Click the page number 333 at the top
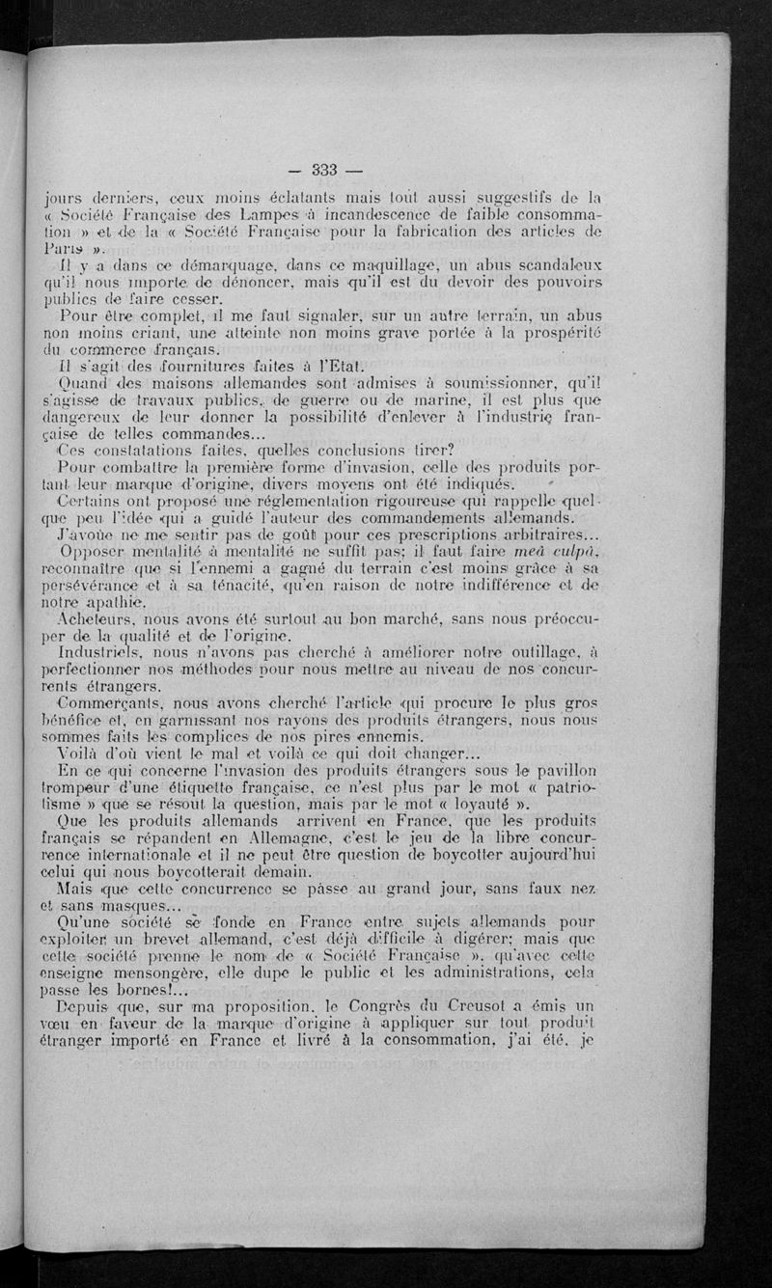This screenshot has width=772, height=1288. coord(323,171)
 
